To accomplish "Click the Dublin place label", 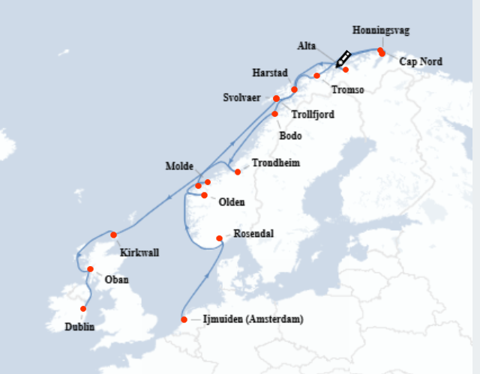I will [x=79, y=326].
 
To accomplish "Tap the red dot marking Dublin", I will [x=83, y=309].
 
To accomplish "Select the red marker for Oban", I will [x=90, y=269].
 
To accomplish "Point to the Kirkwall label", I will [x=139, y=253].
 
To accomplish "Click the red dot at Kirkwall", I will [x=113, y=235].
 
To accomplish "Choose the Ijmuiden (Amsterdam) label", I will [x=253, y=320].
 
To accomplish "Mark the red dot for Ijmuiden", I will [x=184, y=320].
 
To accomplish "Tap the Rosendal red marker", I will [x=219, y=238].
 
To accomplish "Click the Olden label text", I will [x=231, y=202].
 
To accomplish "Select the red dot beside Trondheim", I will [x=238, y=172].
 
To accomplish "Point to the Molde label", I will [x=179, y=166].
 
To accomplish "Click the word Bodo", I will [x=290, y=136].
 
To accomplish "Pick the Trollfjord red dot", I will [x=275, y=114].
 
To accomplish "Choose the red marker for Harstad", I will [x=294, y=89].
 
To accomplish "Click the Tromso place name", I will [x=347, y=90].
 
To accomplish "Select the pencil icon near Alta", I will [x=343, y=59].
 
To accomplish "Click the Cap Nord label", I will [x=421, y=61].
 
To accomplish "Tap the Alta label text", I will [x=307, y=46].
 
